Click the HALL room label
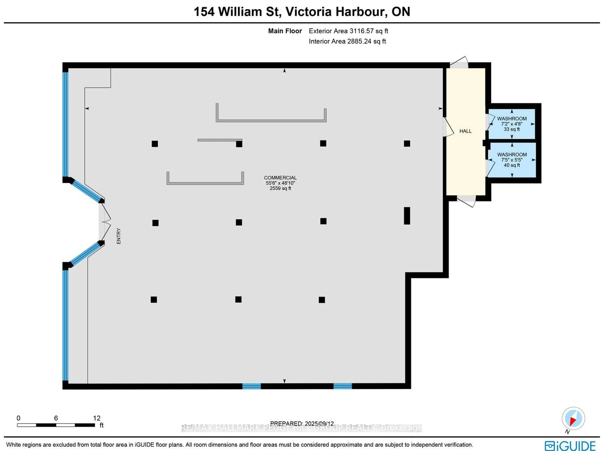pos(465,131)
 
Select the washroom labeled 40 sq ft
pos(511,160)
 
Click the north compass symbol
pos(573,418)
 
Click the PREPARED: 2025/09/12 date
pos(302,424)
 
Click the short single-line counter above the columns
pos(220,140)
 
